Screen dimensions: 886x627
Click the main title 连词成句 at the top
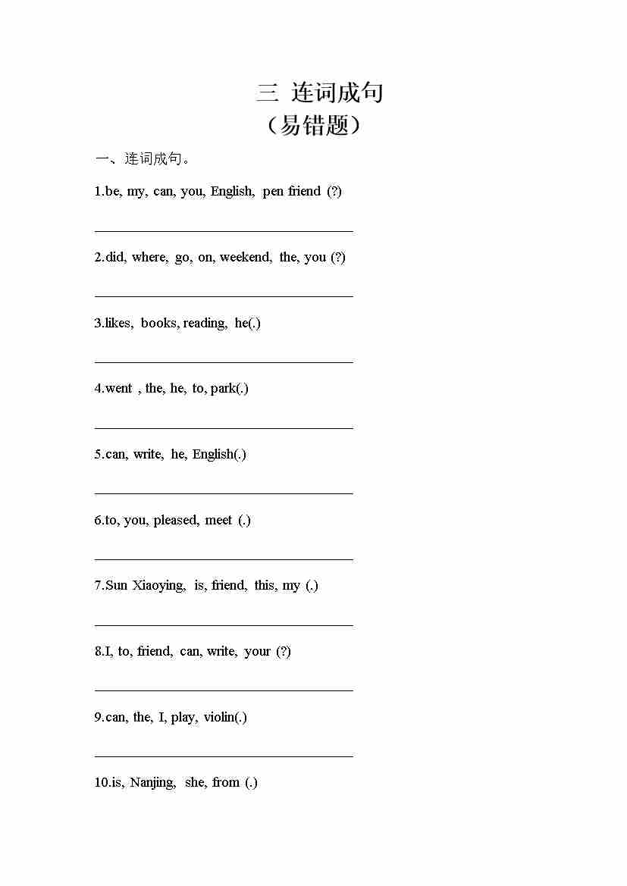[320, 92]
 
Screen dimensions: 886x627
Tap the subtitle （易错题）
[313, 125]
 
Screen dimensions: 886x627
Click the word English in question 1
[231, 192]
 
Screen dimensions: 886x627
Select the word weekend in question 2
[245, 258]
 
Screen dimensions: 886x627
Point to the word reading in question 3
[203, 324]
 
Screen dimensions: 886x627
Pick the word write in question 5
[147, 455]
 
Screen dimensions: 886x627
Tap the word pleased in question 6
[176, 521]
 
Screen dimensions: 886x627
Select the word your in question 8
[257, 652]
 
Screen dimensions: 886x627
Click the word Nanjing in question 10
[152, 783]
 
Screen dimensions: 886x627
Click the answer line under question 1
[224, 230]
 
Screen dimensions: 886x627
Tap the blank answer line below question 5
[224, 493]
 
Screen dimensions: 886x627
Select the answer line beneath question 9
[224, 756]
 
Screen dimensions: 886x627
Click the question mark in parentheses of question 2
[338, 258]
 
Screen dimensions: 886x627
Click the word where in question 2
[149, 258]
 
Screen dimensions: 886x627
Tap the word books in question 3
[158, 324]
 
